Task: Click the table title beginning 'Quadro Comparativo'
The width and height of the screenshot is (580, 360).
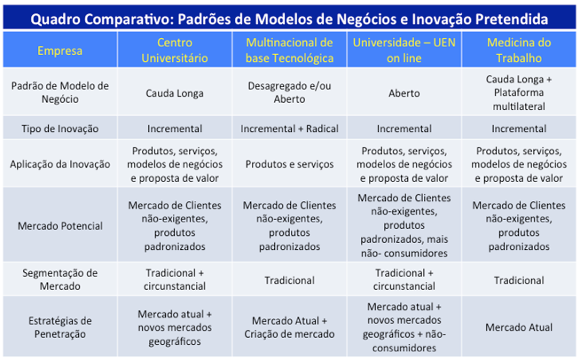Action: click(289, 19)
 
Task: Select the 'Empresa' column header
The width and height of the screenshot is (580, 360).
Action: click(60, 51)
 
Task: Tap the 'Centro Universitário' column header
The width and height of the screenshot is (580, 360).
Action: click(175, 51)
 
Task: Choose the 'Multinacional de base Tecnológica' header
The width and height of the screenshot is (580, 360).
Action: click(290, 51)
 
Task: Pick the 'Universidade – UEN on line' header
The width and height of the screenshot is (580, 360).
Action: click(404, 51)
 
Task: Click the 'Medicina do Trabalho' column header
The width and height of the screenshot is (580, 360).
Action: click(519, 51)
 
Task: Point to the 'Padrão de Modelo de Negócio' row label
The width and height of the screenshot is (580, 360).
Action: click(60, 92)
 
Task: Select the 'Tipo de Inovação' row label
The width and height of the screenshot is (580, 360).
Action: click(60, 129)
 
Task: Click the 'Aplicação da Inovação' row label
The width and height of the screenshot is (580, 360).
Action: click(60, 164)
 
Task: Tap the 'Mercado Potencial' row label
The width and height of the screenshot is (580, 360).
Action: click(60, 226)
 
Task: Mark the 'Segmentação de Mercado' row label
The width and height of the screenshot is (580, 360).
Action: click(60, 279)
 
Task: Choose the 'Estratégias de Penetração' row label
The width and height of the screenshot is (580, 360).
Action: click(60, 327)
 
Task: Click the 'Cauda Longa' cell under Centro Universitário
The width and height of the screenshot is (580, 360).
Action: click(175, 93)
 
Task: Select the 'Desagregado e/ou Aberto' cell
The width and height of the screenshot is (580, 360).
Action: click(290, 92)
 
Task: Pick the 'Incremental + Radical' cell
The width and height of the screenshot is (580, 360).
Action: click(290, 129)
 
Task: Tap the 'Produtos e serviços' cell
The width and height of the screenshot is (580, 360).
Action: click(290, 164)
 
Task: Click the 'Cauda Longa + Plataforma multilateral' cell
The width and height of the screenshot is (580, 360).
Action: click(519, 92)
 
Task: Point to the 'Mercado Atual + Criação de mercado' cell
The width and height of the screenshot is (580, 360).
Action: click(290, 327)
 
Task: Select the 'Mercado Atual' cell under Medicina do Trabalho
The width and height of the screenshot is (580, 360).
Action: click(519, 327)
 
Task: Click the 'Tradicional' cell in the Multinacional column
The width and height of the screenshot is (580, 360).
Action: click(290, 280)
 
